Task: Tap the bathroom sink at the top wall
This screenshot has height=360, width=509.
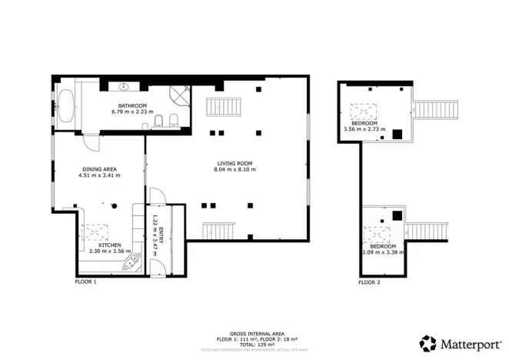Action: coord(124,87)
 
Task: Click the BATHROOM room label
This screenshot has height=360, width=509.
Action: coord(132,105)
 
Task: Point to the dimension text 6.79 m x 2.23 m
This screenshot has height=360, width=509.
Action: coord(132,112)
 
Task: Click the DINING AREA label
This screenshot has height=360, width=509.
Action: coord(98,168)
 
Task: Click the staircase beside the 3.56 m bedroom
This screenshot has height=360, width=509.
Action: coord(434,110)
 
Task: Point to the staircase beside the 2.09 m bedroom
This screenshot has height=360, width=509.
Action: coord(425,231)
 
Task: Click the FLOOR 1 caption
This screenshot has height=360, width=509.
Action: coord(85,282)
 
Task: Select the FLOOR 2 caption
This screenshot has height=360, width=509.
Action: coord(369,282)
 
